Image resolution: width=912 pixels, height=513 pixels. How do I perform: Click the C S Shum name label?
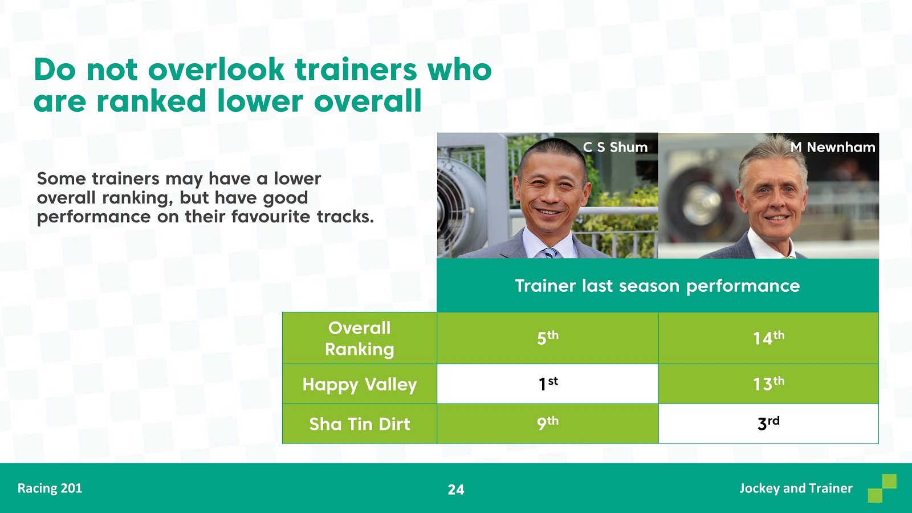point(615,147)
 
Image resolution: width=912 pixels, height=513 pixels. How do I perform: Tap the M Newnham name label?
point(833,147)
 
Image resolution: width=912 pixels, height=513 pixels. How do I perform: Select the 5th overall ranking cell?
point(548,338)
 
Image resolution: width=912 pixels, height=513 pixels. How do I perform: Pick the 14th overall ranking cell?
point(768,338)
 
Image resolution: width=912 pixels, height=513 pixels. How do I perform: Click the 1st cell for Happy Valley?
point(548,384)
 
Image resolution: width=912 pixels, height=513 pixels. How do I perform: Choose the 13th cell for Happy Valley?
point(768,384)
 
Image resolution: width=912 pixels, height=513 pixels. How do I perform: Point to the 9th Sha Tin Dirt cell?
point(548,424)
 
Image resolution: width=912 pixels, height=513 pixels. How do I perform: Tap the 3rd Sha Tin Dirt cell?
point(768,424)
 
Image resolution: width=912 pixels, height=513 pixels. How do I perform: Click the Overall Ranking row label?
point(360,339)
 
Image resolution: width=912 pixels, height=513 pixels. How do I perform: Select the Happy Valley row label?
point(360,384)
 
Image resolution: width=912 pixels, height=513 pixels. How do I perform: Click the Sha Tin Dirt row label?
point(360,424)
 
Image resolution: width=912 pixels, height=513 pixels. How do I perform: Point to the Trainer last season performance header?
point(658,286)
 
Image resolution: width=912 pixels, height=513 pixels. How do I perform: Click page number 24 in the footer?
point(456,490)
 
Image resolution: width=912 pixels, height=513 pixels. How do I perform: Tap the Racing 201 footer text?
point(50,488)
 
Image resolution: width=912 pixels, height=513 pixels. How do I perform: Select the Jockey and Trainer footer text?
point(796,488)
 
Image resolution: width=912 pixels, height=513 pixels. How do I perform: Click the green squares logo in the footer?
point(882,488)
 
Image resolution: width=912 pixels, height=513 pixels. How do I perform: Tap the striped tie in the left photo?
point(551,253)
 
